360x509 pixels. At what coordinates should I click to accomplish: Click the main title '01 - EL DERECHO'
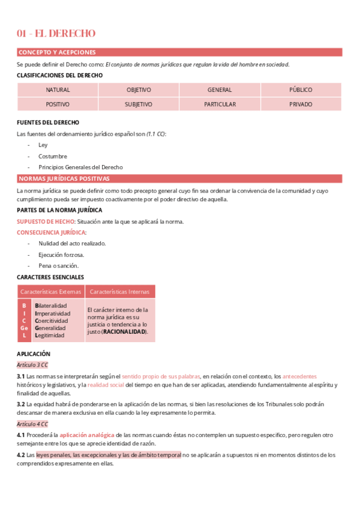point(56,34)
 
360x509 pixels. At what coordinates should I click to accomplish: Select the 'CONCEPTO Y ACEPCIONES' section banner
point(57,52)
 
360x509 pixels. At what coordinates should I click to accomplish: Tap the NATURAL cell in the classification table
point(58,90)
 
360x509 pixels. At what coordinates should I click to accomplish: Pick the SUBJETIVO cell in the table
point(139,104)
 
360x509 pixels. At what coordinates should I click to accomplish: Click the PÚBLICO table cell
point(301,90)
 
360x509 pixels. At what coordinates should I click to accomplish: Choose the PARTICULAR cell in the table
point(220,104)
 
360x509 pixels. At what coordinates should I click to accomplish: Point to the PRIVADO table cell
point(301,104)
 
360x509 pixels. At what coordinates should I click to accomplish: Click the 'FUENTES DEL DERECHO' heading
point(48,122)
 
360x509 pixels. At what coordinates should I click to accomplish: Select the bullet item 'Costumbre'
point(52,156)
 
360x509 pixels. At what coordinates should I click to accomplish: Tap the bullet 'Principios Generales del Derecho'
point(80,167)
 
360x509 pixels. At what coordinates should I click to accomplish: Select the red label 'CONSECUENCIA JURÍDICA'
point(51,232)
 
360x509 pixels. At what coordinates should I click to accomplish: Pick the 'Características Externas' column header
point(51,292)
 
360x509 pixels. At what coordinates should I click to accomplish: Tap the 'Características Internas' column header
point(120,292)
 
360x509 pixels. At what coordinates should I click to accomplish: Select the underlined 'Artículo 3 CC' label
point(32,364)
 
